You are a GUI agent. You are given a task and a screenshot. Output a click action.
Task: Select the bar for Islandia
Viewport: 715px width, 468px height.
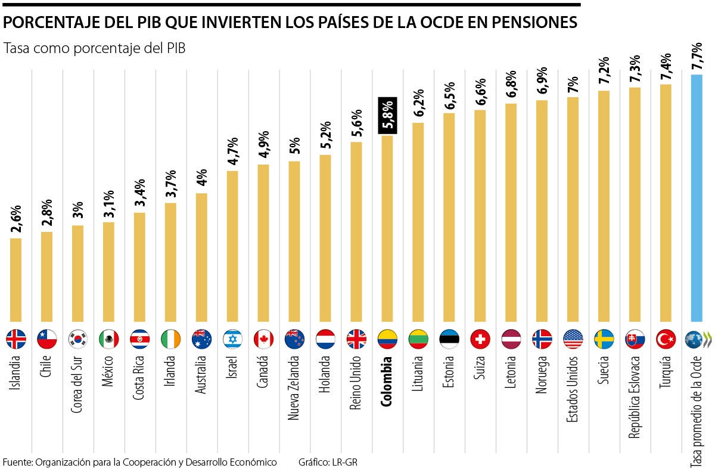pos(15,280)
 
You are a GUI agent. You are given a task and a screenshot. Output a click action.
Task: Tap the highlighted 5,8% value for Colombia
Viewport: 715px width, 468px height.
pos(387,114)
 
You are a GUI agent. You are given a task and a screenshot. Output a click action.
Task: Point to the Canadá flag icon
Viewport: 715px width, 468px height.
pos(263,339)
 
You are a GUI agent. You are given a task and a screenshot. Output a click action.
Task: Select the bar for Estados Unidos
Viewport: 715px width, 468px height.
pos(573,209)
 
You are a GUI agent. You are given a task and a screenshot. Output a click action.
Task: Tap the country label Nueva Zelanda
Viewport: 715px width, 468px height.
pos(294,388)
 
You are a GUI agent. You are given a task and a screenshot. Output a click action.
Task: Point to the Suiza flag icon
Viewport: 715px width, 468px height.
pos(480,339)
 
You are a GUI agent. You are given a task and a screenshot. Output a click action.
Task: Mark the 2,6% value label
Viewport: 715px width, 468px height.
pos(16,218)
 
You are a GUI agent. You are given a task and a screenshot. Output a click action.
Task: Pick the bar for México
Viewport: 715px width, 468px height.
pos(108,272)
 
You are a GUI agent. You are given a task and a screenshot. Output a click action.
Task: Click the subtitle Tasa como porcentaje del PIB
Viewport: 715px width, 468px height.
pos(95,49)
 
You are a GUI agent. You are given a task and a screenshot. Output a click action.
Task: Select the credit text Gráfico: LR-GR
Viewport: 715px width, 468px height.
pos(328,462)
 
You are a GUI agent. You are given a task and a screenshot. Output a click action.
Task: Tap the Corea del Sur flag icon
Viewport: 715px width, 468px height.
pos(77,339)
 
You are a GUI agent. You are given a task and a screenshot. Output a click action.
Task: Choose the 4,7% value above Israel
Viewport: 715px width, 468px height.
pos(233,151)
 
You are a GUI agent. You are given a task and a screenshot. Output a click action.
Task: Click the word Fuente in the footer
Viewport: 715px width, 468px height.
pos(17,462)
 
